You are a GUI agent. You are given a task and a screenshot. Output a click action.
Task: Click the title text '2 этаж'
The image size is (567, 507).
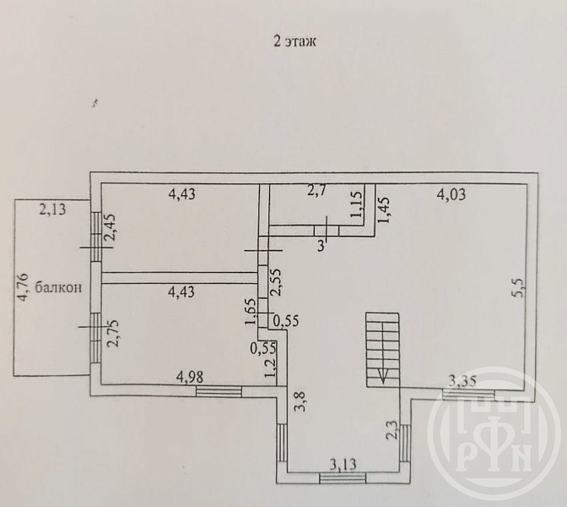tap(294, 41)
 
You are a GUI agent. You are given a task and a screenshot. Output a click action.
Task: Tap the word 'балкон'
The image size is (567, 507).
tap(58, 287)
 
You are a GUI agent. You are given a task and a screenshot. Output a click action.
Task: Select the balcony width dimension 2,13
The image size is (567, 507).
tap(52, 210)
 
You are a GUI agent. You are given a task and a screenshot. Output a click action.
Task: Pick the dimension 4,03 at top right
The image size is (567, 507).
tap(451, 195)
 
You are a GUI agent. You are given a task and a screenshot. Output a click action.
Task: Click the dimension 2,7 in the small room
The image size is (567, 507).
tap(316, 190)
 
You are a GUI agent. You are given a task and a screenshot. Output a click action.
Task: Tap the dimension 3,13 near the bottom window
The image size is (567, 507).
tap(343, 464)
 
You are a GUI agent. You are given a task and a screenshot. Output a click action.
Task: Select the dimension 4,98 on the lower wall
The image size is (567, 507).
tap(190, 378)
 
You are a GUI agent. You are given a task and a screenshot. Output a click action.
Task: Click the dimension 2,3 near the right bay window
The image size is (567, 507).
tap(392, 430)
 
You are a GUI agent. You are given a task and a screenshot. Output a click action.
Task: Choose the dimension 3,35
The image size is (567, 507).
tap(462, 381)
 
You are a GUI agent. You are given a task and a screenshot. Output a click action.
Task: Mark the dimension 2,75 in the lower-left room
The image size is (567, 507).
tap(114, 334)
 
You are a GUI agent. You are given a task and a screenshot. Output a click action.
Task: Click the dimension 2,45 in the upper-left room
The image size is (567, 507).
tap(111, 228)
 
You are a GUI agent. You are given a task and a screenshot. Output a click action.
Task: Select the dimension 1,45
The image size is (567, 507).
tap(383, 210)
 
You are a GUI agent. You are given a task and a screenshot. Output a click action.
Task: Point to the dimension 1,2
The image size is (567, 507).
tap(270, 368)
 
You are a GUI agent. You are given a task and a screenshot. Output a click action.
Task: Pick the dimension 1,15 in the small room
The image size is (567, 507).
tap(356, 204)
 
